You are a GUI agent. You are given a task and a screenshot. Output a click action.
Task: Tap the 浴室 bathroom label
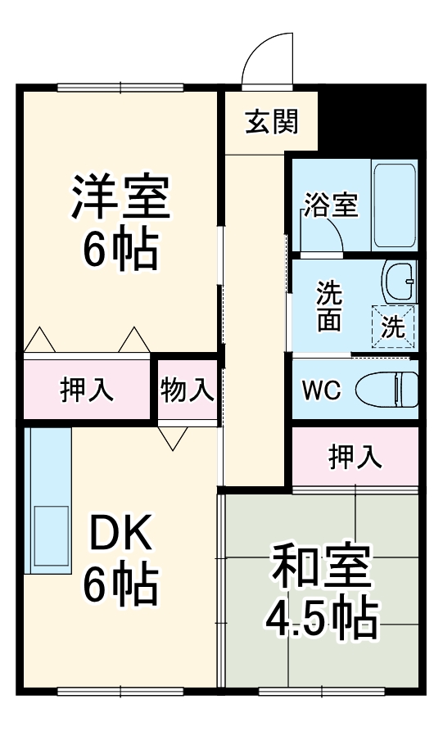(x=331, y=205)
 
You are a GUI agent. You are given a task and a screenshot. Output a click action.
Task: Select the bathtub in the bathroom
(x=395, y=205)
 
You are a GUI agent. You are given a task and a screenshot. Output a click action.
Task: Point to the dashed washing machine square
(x=393, y=327)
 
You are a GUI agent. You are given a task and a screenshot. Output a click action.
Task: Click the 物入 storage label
(x=188, y=389)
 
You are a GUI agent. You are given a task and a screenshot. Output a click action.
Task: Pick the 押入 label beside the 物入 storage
(x=87, y=390)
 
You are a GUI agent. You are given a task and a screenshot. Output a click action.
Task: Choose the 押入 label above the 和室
(x=355, y=458)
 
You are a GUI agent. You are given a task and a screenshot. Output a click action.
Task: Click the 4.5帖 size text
(x=321, y=620)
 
